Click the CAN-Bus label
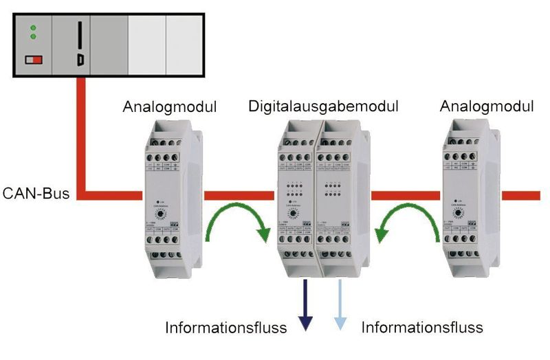coord(36,194)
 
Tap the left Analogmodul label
coord(170,107)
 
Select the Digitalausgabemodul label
coord(324,107)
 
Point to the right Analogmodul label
coord(487,107)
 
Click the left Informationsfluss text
coord(225,328)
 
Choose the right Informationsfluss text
coord(422,328)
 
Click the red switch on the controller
coord(34,60)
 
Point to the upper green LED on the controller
coord(32,27)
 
